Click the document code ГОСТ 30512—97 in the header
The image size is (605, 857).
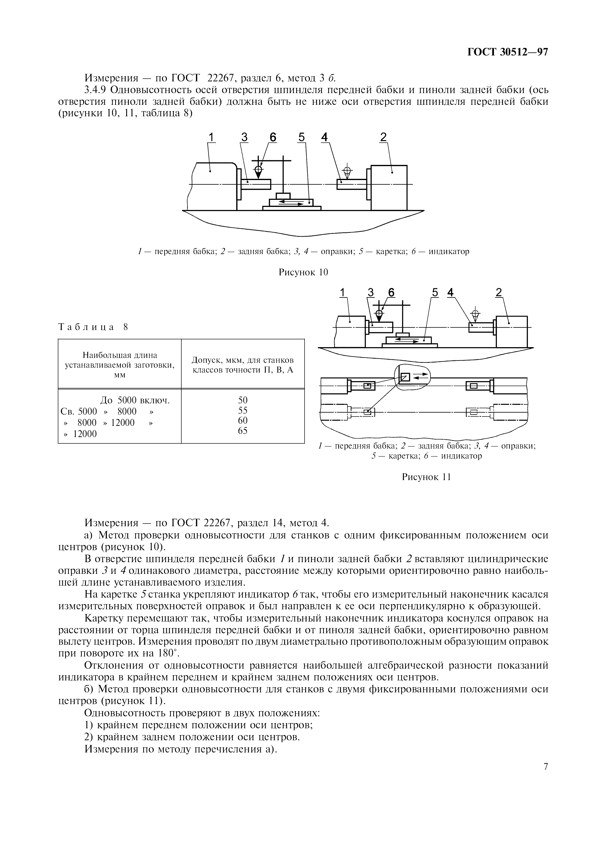(508, 52)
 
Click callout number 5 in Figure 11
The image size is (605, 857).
(435, 293)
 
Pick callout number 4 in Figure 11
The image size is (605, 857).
(451, 293)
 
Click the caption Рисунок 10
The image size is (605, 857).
(303, 272)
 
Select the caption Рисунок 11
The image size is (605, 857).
(426, 477)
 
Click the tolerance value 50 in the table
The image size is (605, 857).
(243, 400)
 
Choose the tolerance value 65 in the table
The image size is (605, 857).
(243, 431)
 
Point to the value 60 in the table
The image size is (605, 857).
(243, 421)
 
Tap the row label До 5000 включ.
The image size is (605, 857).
(135, 400)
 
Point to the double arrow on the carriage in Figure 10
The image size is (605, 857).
(291, 202)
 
